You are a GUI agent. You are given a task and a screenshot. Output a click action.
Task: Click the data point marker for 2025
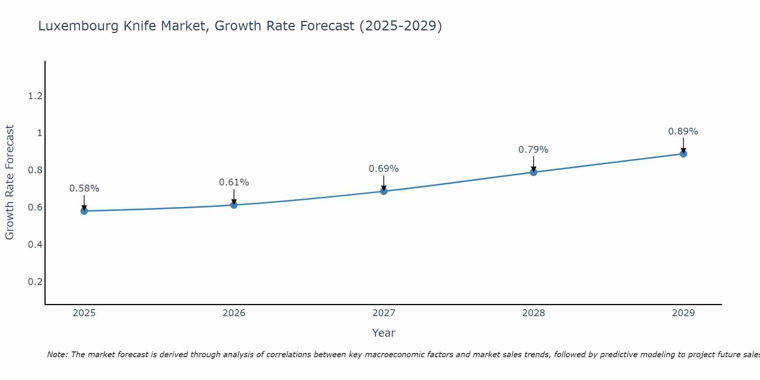coord(84,211)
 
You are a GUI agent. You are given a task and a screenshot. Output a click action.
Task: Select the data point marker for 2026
coord(234,205)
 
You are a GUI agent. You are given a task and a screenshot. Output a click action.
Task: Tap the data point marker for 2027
coord(384,191)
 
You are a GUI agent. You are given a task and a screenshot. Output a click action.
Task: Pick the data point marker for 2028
coord(534,172)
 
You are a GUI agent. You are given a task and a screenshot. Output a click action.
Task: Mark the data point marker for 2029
coord(683,154)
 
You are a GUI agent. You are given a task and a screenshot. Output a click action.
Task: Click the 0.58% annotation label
coord(84,188)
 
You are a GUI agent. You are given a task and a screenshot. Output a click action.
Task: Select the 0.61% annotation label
coord(234,182)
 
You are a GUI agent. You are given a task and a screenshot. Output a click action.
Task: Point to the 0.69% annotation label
coord(384,169)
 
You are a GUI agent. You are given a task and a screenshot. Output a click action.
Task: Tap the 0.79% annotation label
coord(534,150)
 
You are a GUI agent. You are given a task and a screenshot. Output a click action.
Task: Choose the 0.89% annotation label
coord(683,131)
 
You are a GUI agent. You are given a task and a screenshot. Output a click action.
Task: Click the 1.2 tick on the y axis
coord(35,96)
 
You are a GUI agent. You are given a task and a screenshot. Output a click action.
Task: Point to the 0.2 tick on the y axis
coord(35,282)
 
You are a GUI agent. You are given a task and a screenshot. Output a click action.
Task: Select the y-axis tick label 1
coord(40,133)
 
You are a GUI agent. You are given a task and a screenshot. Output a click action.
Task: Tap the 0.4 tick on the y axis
coord(35,245)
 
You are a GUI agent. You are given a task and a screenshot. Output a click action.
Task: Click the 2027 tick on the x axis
coord(384,313)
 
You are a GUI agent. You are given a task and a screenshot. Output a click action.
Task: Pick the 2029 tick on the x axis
coord(683,313)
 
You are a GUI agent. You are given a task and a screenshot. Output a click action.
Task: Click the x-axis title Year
coord(384,333)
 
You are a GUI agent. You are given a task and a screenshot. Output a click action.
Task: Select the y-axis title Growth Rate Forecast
coord(9,182)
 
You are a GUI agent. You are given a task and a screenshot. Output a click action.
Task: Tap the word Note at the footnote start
coord(57,355)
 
